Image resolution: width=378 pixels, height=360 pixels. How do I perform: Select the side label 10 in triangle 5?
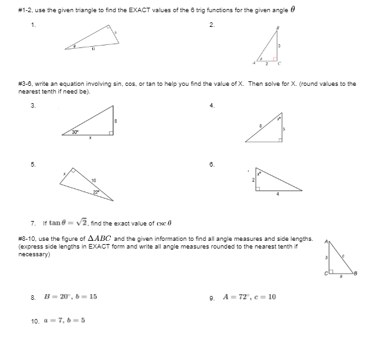tap(94, 179)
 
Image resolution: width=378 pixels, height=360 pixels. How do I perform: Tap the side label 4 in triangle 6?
tap(278, 195)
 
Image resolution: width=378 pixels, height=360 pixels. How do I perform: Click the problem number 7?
tap(33, 223)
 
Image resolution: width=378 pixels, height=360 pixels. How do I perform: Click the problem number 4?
tap(213, 105)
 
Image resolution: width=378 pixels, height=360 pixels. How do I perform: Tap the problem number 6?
tap(213, 164)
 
